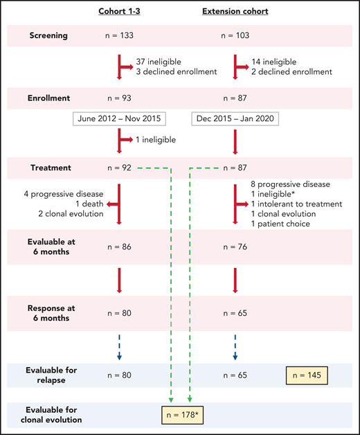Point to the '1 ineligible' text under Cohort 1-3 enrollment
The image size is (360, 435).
156,140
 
